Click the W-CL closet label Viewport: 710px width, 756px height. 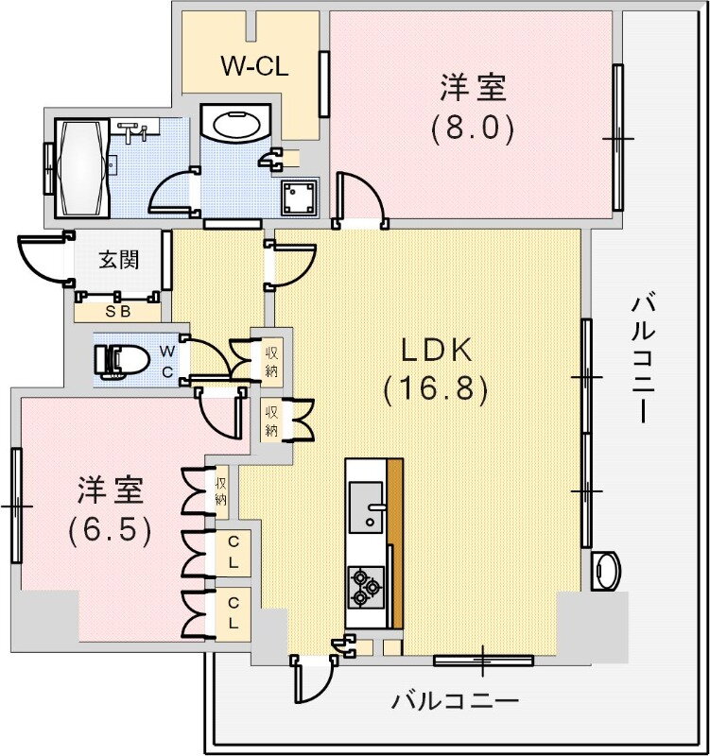pos(253,67)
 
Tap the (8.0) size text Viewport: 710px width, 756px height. pos(473,129)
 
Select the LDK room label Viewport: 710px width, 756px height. pos(436,352)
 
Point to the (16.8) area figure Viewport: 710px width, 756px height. pos(436,388)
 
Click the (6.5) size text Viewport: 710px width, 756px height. pos(110,530)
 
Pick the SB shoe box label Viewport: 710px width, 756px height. pos(118,310)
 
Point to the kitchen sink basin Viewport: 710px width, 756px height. pos(365,506)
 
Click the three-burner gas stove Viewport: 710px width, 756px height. pos(365,584)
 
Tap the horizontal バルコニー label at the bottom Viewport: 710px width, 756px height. pos(456,701)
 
